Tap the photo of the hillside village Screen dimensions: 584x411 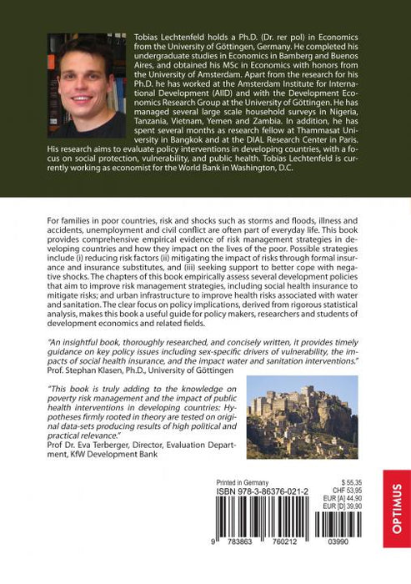click(302, 417)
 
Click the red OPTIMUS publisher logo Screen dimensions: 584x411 click(396, 508)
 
